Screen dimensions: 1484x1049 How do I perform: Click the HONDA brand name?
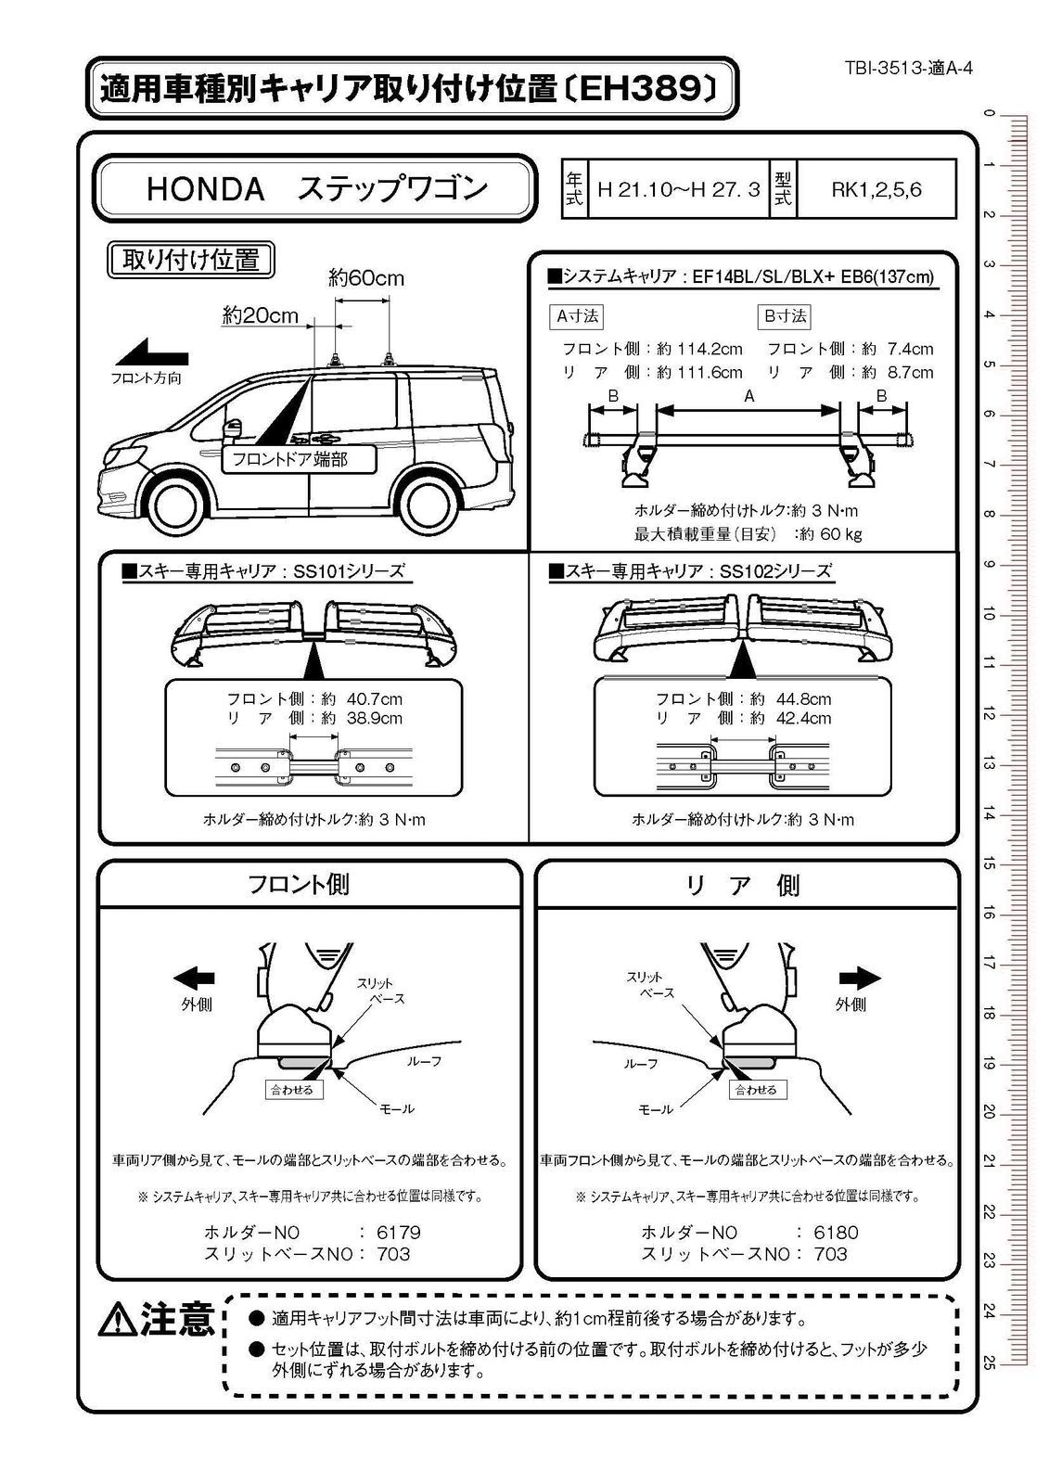click(206, 189)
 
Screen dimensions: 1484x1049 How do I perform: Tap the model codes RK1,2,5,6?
click(876, 191)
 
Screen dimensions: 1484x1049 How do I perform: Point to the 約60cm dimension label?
click(365, 277)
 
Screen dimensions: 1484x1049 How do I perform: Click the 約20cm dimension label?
click(261, 315)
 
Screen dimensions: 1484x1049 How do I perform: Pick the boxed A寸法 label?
click(577, 316)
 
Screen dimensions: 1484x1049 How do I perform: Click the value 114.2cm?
click(711, 349)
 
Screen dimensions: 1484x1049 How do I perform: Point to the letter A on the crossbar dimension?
click(749, 396)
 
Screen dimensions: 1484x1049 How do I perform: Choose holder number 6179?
click(398, 1233)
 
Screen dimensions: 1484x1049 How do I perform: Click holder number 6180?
click(836, 1233)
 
